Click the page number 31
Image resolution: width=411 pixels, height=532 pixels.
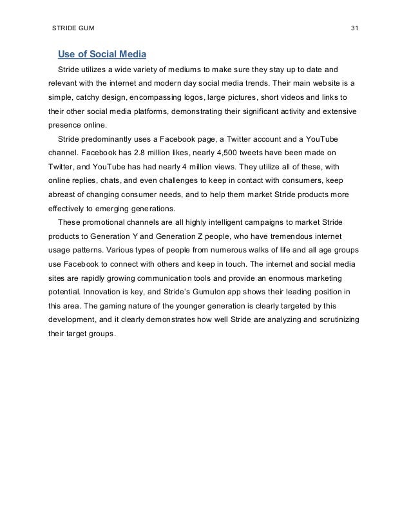tap(354, 29)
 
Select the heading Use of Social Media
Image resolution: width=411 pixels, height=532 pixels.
tap(102, 53)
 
